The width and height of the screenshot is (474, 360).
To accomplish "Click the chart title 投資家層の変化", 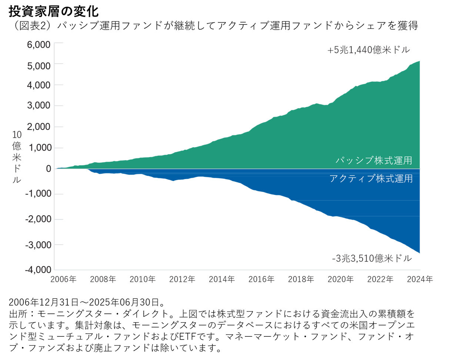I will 54,11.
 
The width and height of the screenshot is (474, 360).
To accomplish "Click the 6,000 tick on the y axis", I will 39,45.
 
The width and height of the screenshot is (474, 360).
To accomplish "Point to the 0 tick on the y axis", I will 48,169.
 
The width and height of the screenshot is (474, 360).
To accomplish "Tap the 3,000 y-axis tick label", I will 39,105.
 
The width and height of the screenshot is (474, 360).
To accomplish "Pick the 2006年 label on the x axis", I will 63,279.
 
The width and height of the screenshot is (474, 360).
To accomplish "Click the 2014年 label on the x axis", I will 222,279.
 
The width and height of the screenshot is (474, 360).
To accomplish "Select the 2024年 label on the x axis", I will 420,279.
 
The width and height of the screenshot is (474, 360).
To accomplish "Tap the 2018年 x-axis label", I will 301,279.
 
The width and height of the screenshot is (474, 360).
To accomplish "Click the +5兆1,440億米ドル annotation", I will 368,50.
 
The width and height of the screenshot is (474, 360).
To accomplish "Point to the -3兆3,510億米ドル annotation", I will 372,258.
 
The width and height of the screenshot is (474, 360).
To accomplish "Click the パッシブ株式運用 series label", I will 374,161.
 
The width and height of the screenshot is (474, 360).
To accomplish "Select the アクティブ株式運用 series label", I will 371,179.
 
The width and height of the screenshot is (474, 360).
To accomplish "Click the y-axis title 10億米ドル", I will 17,157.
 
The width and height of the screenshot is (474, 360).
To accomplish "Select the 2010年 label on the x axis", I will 143,279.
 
